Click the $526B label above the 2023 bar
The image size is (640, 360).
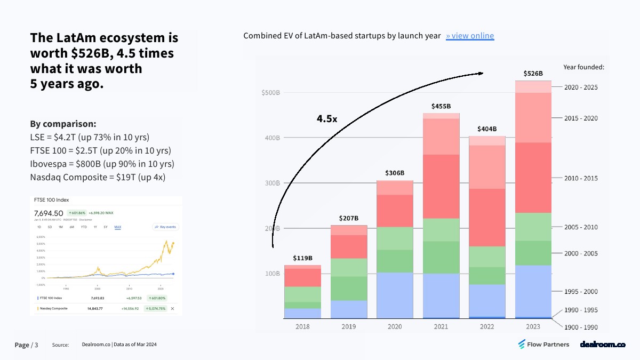pyautogui.click(x=533, y=73)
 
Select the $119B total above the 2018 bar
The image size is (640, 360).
pyautogui.click(x=302, y=258)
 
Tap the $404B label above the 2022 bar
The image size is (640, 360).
pyautogui.click(x=487, y=129)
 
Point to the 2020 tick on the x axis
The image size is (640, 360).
pyautogui.click(x=395, y=326)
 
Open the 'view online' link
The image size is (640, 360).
pyautogui.click(x=470, y=36)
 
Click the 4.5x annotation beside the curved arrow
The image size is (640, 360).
pyautogui.click(x=326, y=118)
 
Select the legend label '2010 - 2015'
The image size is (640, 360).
pyautogui.click(x=581, y=178)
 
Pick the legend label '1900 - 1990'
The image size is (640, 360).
pyautogui.click(x=581, y=327)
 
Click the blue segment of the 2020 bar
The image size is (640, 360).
pyautogui.click(x=395, y=295)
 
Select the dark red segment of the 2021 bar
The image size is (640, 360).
pyautogui.click(x=441, y=186)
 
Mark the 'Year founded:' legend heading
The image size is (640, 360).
pyautogui.click(x=583, y=67)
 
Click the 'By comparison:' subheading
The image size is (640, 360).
pyautogui.click(x=63, y=124)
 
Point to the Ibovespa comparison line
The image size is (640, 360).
pyautogui.click(x=102, y=164)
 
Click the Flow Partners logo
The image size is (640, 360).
pyautogui.click(x=543, y=345)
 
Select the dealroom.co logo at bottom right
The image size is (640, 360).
pyautogui.click(x=602, y=345)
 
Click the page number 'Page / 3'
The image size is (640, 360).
pyautogui.click(x=26, y=345)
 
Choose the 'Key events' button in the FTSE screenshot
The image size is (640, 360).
pyautogui.click(x=166, y=227)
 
